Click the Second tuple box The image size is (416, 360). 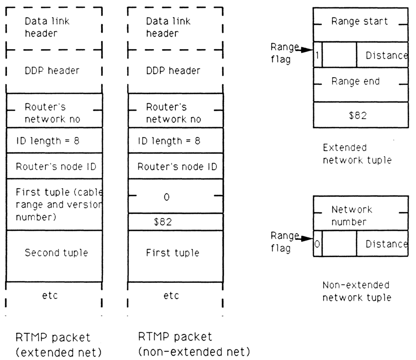click(x=53, y=253)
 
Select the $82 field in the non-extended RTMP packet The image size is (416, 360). click(x=174, y=222)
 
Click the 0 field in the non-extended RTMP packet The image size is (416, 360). click(x=174, y=197)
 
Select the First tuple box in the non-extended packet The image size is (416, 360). click(x=174, y=253)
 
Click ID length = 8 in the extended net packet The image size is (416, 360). click(x=53, y=141)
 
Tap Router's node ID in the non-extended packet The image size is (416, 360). click(x=174, y=166)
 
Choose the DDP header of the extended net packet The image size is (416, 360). click(x=53, y=71)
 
